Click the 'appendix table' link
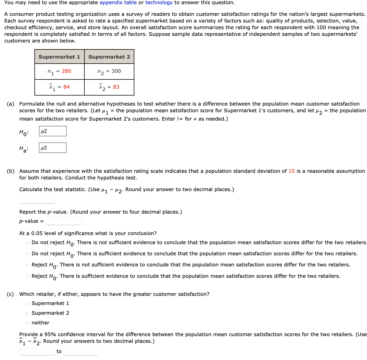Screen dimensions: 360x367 [118, 3]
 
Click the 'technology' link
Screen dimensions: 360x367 [159, 3]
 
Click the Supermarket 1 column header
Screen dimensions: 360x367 [59, 57]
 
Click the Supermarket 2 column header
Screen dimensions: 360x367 [109, 57]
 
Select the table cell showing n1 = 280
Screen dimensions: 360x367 [59, 71]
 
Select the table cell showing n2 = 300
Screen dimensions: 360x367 [109, 71]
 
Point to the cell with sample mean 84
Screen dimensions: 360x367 [59, 87]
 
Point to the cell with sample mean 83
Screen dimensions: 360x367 [109, 87]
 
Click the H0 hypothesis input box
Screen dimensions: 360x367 [53, 131]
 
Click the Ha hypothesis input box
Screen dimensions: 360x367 [53, 148]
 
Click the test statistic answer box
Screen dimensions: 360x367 [37, 200]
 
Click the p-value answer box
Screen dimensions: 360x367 [64, 221]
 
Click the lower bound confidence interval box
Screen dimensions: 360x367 [37, 351]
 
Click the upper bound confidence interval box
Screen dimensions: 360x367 [81, 351]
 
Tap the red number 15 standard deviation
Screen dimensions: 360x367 [291, 171]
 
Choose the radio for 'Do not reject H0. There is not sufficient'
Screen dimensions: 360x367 [27, 243]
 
